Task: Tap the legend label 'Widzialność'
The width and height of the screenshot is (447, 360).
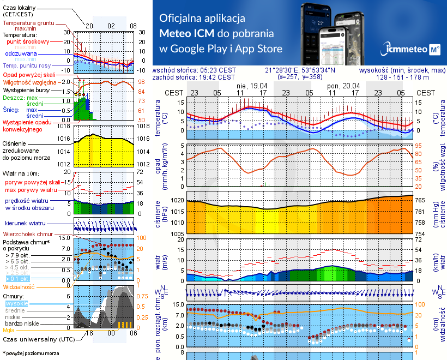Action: point(19,286)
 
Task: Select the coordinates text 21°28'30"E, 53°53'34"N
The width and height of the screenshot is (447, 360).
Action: point(300,70)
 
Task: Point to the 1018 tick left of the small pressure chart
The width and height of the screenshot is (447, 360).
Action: point(65,126)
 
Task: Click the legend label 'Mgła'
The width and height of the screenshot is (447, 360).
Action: point(9,330)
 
